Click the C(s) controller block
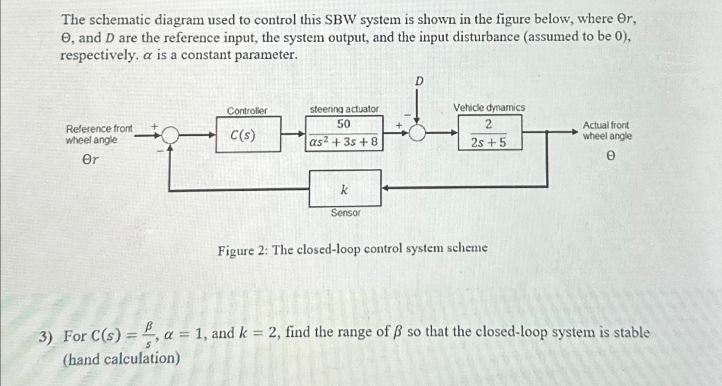click(x=248, y=134)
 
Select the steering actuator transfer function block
click(x=344, y=133)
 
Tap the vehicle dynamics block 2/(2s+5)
click(x=490, y=133)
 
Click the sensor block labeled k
click(x=345, y=188)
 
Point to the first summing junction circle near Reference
click(x=170, y=135)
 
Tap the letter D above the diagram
click(x=419, y=81)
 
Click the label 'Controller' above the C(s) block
click(x=247, y=111)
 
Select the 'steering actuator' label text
click(x=344, y=109)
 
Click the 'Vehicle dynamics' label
click(x=489, y=107)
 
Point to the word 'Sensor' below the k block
click(x=345, y=213)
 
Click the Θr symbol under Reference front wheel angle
click(x=90, y=160)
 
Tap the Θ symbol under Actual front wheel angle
click(x=610, y=156)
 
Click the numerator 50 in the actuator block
click(x=344, y=124)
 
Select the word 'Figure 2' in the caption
click(x=242, y=250)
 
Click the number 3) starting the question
click(x=45, y=336)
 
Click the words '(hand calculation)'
click(x=121, y=359)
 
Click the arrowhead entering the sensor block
click(x=386, y=188)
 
